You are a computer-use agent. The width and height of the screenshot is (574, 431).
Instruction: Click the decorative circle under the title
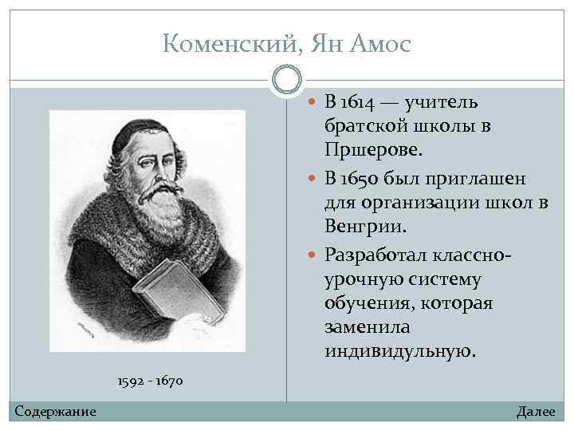tap(287, 80)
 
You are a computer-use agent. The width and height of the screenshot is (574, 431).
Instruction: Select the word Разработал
tap(374, 254)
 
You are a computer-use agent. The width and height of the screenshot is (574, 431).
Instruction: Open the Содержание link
tap(55, 411)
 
